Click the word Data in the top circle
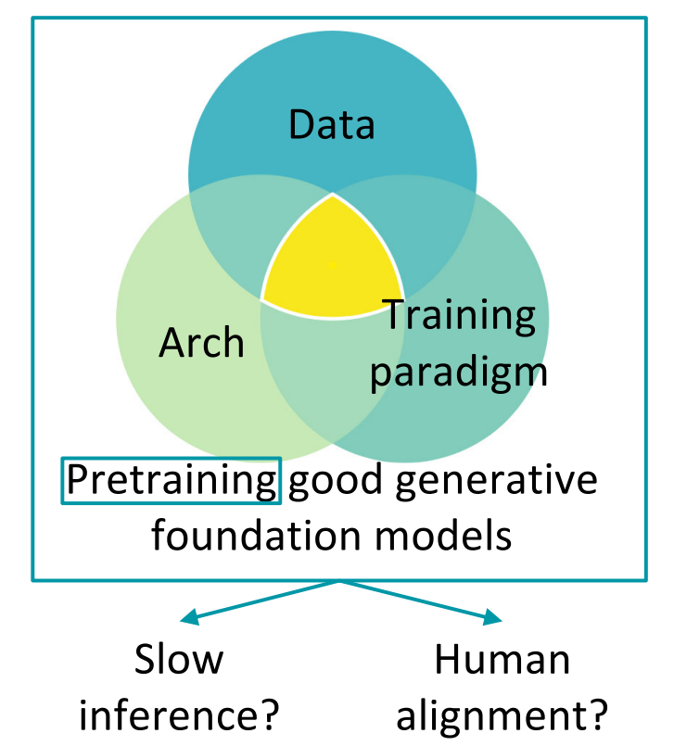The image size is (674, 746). tap(332, 124)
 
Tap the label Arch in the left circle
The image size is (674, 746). tap(201, 342)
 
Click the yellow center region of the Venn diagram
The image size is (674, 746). tap(331, 264)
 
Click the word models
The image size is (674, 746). tap(447, 535)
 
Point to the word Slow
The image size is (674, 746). tap(179, 660)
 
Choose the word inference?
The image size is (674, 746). tap(179, 714)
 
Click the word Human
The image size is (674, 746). tap(502, 660)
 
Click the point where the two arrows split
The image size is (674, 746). tap(340, 582)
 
